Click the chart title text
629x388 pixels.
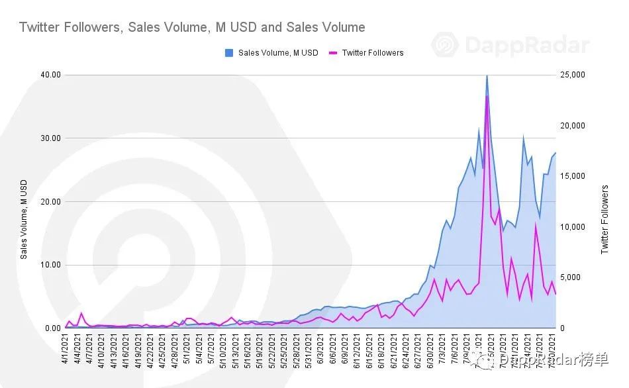[192, 27]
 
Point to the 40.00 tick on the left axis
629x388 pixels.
[50, 75]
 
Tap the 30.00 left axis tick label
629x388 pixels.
[50, 138]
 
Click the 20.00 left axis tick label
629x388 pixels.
[50, 202]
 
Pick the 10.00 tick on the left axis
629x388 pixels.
[50, 265]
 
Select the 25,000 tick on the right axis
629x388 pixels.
[573, 75]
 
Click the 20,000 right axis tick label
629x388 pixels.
[573, 126]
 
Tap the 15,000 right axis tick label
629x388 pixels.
[573, 176]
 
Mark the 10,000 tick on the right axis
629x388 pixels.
[573, 227]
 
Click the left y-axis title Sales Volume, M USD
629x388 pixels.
[24, 219]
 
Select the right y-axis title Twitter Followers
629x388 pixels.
[604, 219]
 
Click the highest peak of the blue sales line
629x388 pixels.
[487, 75]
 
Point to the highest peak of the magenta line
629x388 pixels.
[487, 97]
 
